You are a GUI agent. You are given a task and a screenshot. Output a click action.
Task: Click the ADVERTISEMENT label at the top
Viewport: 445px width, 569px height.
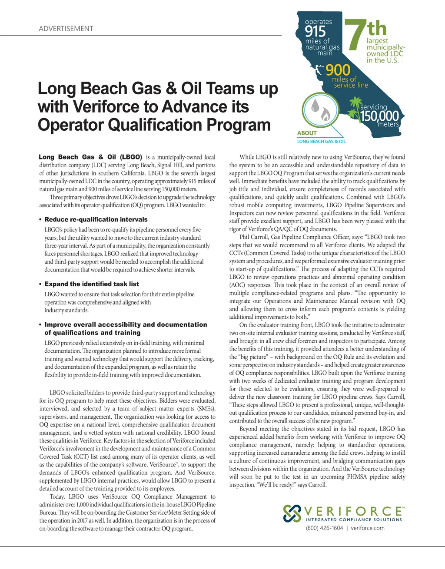pyautogui.click(x=66, y=29)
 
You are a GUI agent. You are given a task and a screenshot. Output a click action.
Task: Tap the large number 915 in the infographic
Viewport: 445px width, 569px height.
pyautogui.click(x=315, y=32)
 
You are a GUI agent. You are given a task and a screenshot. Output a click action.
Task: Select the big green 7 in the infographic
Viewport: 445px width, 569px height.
pyautogui.click(x=354, y=36)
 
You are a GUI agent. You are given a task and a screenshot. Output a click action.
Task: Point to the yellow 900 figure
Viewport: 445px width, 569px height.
pyautogui.click(x=338, y=70)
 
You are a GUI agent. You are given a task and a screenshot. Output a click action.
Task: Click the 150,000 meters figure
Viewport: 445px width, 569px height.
pyautogui.click(x=379, y=116)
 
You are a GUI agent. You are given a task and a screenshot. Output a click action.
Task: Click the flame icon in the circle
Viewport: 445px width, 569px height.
pyautogui.click(x=325, y=115)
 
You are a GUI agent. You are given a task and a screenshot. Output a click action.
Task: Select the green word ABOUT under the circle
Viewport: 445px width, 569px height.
pyautogui.click(x=307, y=133)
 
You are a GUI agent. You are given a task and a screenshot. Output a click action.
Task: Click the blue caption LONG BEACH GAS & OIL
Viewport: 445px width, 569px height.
pyautogui.click(x=321, y=141)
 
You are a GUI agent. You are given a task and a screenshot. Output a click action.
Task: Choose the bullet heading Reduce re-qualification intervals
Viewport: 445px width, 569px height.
pyautogui.click(x=96, y=219)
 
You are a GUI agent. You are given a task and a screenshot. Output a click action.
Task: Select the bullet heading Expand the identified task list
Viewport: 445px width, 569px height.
pyautogui.click(x=92, y=284)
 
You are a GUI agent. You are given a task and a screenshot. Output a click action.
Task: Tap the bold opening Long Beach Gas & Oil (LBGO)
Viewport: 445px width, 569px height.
pyautogui.click(x=90, y=157)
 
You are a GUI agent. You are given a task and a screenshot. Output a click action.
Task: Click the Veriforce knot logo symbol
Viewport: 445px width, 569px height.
pyautogui.click(x=292, y=513)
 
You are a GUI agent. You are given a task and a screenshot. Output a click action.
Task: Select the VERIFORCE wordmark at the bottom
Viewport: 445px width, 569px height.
pyautogui.click(x=354, y=511)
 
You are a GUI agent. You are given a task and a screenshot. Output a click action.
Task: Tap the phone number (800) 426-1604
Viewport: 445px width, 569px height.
pyautogui.click(x=324, y=528)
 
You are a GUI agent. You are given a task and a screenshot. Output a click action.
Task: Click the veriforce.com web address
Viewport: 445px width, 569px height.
pyautogui.click(x=368, y=528)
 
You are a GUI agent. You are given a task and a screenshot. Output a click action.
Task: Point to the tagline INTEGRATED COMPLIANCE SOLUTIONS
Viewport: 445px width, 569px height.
pyautogui.click(x=354, y=519)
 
